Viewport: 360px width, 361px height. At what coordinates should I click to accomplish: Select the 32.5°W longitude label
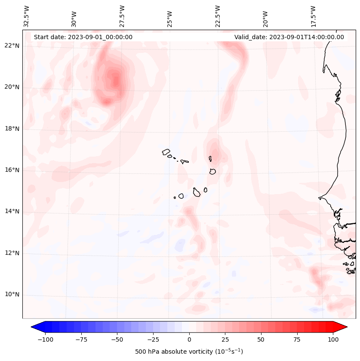26,16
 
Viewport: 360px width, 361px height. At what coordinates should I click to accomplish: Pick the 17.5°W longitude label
313,16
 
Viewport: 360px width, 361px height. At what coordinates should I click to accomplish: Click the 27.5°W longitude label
122,16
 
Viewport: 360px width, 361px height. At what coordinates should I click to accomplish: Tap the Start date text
83,37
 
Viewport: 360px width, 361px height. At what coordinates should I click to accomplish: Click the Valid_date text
289,37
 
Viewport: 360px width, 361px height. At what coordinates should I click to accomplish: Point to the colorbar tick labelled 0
189,339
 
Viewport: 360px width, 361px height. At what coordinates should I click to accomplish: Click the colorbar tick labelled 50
261,339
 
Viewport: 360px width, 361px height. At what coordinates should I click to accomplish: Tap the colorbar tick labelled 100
333,339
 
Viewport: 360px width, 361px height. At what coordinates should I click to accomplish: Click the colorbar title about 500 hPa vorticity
189,352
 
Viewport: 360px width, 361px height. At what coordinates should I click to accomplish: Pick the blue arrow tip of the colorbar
34,327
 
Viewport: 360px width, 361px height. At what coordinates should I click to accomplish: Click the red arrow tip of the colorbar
344,327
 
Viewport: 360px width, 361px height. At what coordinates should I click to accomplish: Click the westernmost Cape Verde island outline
166,152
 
